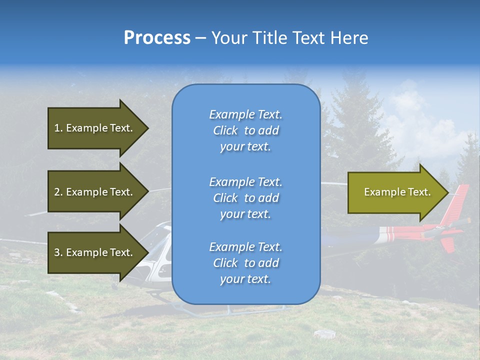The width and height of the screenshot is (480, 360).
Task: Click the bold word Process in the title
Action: [157, 38]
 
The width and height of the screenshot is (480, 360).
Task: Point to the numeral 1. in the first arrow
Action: [58, 128]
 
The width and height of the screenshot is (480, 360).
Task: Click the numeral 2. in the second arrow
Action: [58, 192]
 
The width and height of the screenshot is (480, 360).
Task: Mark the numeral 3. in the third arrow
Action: [58, 252]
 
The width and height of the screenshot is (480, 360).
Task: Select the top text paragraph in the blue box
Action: [245, 130]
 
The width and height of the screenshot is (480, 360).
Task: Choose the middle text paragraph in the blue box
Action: [245, 198]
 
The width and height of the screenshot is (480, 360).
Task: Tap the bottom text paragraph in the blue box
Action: [245, 263]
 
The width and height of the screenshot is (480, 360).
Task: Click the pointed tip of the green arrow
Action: [446, 192]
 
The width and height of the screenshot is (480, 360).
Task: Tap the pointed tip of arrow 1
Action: [147, 128]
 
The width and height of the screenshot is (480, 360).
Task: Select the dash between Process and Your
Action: [200, 38]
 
